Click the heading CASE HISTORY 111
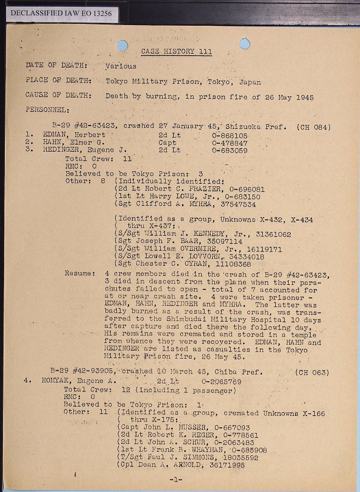176,52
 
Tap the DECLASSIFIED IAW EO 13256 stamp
61,13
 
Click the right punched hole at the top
245,43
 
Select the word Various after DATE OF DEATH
121,66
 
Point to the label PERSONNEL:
47,110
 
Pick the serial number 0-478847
229,143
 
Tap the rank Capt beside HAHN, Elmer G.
167,143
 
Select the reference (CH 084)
313,127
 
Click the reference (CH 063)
312,373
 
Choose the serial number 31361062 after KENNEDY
273,234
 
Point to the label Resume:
80,273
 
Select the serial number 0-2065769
221,382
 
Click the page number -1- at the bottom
176,480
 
